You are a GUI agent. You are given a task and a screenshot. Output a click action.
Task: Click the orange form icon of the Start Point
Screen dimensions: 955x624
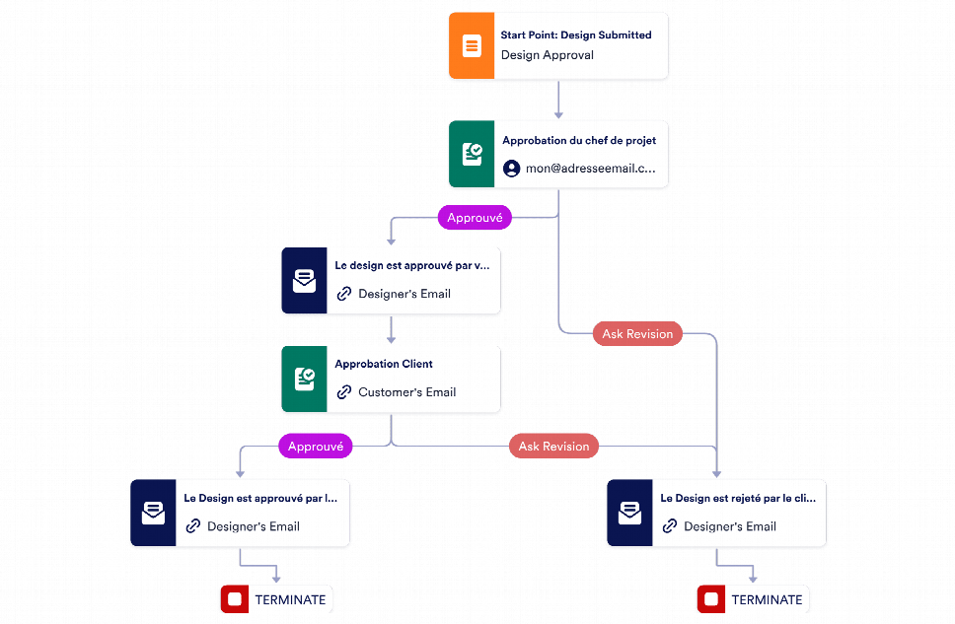tap(472, 45)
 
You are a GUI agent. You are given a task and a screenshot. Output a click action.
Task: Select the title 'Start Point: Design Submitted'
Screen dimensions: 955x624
tap(576, 35)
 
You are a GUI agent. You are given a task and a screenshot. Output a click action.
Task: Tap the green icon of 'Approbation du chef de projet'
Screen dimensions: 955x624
tap(472, 154)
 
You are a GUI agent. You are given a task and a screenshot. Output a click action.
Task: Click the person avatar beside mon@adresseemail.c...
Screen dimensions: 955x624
tap(512, 168)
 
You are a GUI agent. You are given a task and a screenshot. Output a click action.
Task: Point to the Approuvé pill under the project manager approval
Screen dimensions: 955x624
tap(475, 217)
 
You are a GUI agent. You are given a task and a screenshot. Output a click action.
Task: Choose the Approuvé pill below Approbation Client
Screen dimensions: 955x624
tap(316, 447)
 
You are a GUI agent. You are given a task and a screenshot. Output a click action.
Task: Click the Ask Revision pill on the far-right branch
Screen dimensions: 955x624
tap(637, 333)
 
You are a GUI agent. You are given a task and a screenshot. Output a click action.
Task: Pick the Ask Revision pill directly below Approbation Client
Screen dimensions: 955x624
tap(553, 447)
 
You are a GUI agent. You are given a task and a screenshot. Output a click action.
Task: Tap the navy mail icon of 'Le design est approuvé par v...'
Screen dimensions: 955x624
tap(304, 281)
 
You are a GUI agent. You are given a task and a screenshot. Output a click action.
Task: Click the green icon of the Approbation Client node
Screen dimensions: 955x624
tap(304, 380)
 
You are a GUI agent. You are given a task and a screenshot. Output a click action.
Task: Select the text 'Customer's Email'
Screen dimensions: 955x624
tap(406, 392)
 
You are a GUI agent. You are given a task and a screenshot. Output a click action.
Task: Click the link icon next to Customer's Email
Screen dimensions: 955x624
tap(344, 392)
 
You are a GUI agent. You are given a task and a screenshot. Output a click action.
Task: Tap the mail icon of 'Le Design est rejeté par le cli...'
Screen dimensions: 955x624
tap(629, 513)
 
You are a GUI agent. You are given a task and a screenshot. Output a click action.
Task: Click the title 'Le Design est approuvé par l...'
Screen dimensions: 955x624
tap(260, 498)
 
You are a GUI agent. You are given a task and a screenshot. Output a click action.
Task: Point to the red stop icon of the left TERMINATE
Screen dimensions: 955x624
tap(235, 599)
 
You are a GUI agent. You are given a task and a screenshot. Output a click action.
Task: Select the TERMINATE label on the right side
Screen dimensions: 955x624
tap(767, 599)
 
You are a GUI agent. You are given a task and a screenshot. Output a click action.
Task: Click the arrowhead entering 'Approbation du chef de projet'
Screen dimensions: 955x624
tap(558, 115)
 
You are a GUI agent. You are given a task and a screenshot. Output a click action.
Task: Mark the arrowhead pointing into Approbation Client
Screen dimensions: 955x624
tap(391, 340)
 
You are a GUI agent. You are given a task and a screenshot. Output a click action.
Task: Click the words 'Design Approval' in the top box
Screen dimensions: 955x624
tap(547, 55)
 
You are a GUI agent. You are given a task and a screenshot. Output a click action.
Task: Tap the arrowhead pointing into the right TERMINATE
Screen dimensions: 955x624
tap(753, 579)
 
